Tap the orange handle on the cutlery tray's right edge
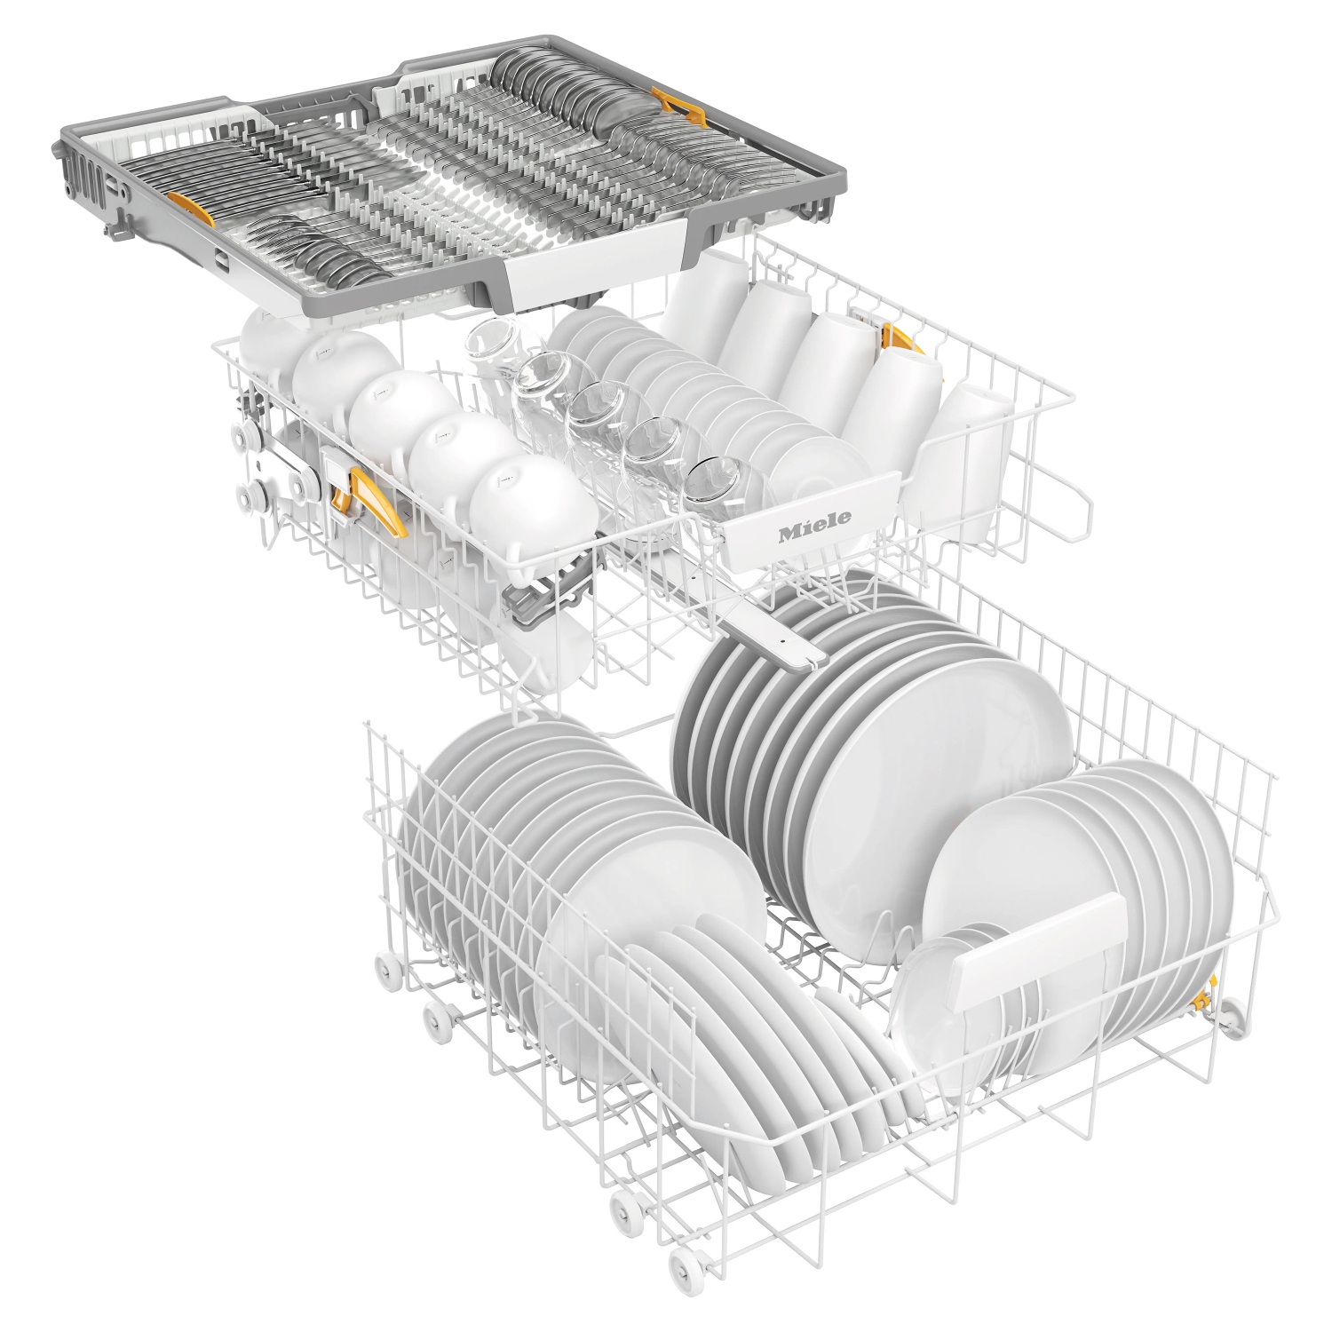point(674,106)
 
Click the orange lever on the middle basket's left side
point(377,503)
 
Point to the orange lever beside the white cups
point(900,343)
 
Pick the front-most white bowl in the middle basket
point(533,506)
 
